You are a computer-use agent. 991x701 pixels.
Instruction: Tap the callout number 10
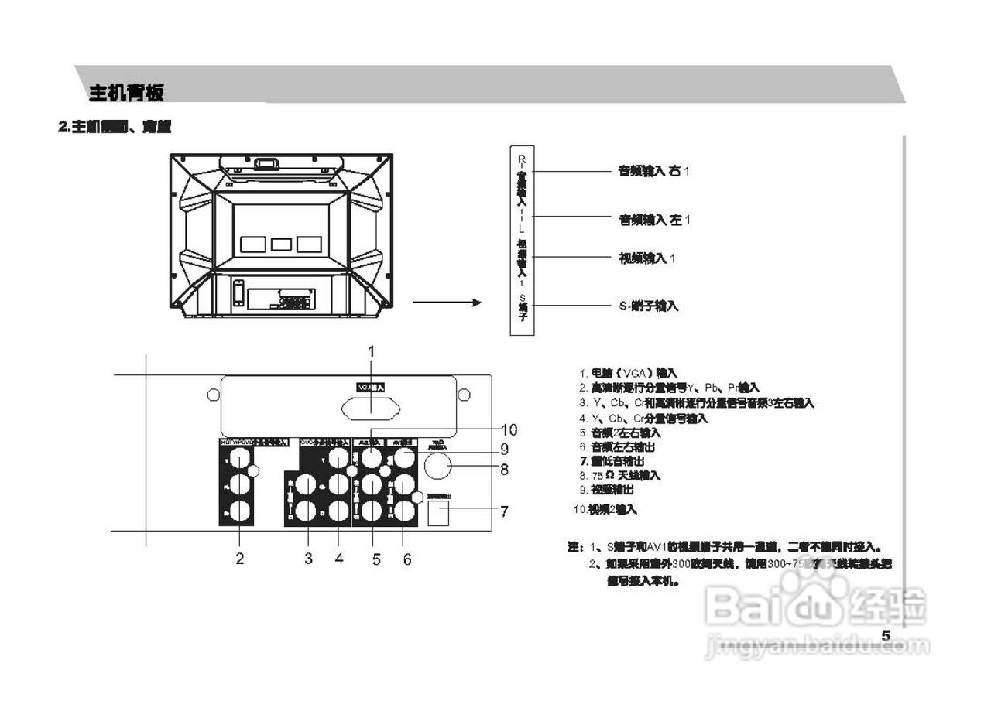point(509,429)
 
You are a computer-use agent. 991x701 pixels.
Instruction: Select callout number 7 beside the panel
point(504,511)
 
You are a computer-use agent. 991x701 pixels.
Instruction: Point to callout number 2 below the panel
point(240,558)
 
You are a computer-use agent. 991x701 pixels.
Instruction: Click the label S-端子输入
point(649,306)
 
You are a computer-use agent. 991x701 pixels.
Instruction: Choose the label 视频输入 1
point(647,258)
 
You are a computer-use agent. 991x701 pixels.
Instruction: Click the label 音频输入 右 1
point(653,171)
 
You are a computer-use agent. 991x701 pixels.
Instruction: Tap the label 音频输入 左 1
point(653,221)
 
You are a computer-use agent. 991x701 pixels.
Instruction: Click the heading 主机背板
point(126,94)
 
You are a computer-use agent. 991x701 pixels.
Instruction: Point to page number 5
point(886,635)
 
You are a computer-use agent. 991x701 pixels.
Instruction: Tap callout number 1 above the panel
point(371,351)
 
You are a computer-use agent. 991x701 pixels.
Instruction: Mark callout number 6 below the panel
point(407,558)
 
